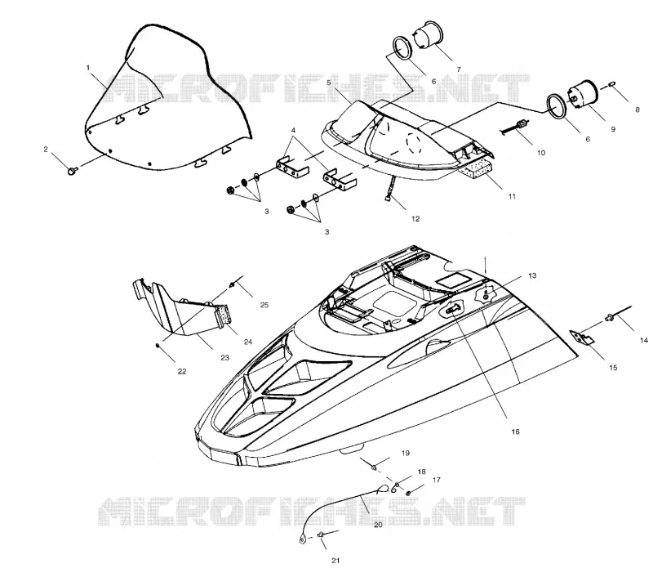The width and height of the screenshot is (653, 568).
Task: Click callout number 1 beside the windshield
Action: [88, 68]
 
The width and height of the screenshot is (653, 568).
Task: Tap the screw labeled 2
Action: [72, 170]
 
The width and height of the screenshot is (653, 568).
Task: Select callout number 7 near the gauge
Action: [459, 69]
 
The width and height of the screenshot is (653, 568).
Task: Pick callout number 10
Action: [541, 153]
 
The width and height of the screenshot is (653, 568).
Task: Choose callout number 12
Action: [415, 218]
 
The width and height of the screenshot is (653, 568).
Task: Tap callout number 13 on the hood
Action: [532, 275]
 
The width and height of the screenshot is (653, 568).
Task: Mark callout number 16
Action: [516, 432]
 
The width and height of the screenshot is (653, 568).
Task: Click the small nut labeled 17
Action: [409, 494]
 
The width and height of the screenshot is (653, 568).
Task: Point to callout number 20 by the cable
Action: [378, 525]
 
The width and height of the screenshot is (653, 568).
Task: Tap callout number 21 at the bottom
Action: [335, 561]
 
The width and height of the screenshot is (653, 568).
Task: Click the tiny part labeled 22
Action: [158, 345]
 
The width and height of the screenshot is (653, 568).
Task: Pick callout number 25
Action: [264, 305]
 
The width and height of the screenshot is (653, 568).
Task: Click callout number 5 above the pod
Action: [329, 83]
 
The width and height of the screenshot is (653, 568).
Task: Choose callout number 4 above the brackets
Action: [293, 130]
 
